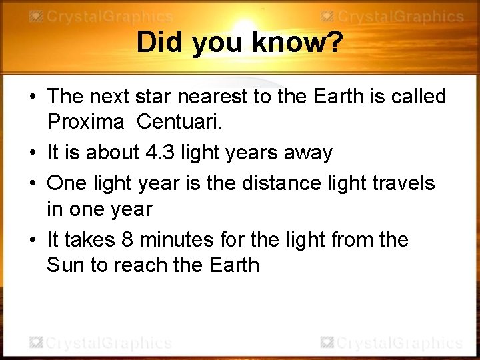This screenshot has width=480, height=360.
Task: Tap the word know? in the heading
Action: click(x=298, y=43)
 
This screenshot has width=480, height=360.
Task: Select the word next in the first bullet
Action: click(x=109, y=97)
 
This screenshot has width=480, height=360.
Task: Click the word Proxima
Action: click(x=85, y=122)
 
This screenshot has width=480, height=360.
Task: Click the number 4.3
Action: click(x=159, y=153)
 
